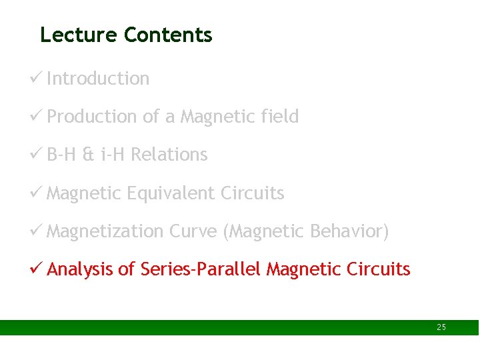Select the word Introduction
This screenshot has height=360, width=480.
pyautogui.click(x=98, y=79)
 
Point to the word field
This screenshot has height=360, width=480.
pyautogui.click(x=280, y=117)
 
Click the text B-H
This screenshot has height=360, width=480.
pyautogui.click(x=62, y=155)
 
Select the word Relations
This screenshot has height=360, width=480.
pyautogui.click(x=169, y=155)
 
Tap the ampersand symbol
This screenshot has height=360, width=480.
pyautogui.click(x=88, y=155)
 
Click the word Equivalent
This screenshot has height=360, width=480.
pyautogui.click(x=171, y=193)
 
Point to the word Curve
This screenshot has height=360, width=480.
pyautogui.click(x=193, y=231)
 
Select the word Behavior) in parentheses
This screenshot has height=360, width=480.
pyautogui.click(x=349, y=231)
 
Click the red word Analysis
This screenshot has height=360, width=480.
pyautogui.click(x=80, y=269)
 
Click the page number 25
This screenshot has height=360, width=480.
pyautogui.click(x=441, y=327)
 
